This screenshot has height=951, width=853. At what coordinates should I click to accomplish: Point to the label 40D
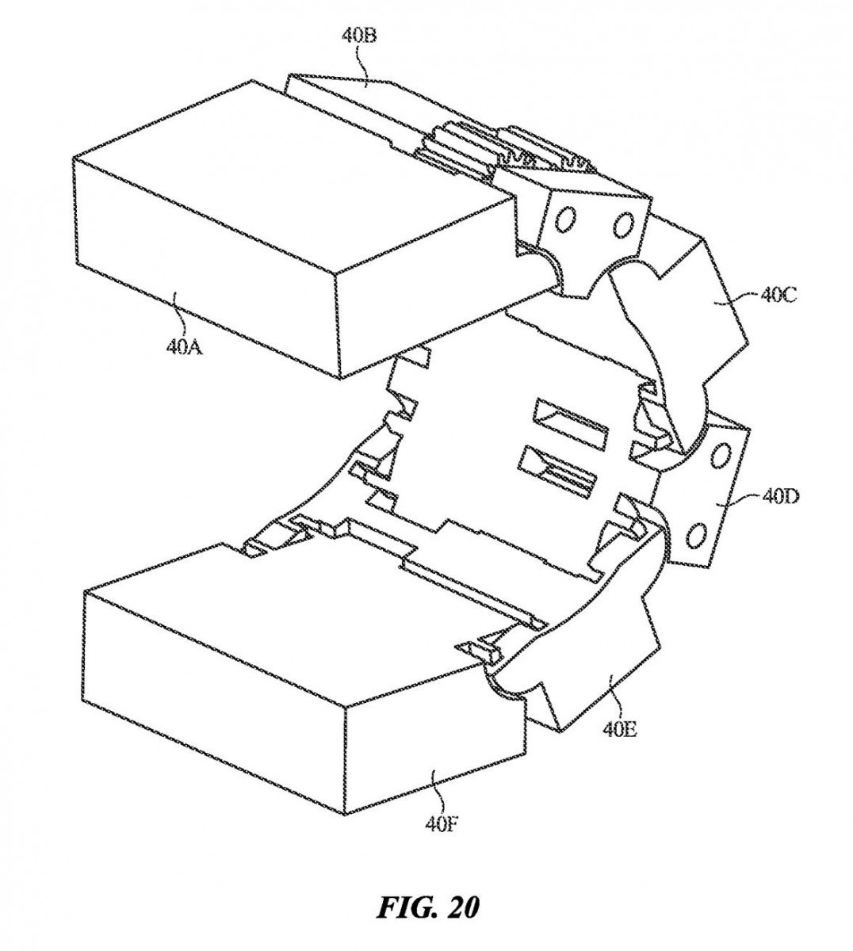coord(780,497)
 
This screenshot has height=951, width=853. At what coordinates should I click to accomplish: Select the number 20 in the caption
coord(461,907)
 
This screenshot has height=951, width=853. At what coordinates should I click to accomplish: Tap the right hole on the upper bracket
coord(623,223)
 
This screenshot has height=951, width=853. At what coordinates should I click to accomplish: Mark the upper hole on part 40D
coord(722,456)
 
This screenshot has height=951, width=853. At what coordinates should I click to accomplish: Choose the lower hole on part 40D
coord(698,537)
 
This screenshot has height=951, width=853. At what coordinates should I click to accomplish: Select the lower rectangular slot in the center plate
coord(560,472)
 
